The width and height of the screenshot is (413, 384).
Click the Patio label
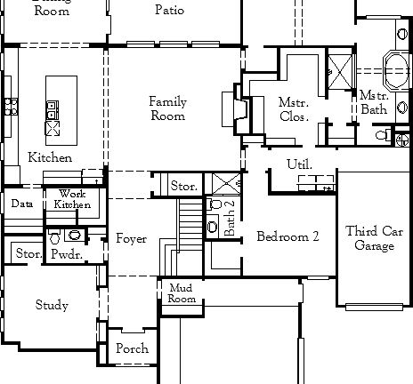click(x=169, y=10)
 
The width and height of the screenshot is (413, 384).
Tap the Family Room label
click(x=167, y=109)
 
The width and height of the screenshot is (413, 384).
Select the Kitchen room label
click(x=50, y=157)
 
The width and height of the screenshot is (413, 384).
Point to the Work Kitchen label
click(x=73, y=199)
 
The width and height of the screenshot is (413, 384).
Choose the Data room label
click(x=21, y=204)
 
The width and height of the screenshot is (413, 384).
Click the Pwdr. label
click(x=66, y=254)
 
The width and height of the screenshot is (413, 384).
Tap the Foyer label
click(x=131, y=239)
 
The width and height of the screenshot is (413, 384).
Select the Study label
click(x=52, y=306)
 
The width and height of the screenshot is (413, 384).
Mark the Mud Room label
click(x=182, y=294)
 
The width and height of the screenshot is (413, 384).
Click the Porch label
click(x=132, y=349)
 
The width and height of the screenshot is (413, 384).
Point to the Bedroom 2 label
click(x=287, y=236)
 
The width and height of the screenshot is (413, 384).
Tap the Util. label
click(x=299, y=165)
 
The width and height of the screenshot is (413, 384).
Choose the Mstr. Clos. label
click(x=294, y=109)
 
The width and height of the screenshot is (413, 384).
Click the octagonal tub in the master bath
click(x=395, y=66)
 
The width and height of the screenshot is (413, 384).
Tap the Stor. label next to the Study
click(x=28, y=254)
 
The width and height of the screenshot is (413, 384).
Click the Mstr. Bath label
click(x=373, y=102)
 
